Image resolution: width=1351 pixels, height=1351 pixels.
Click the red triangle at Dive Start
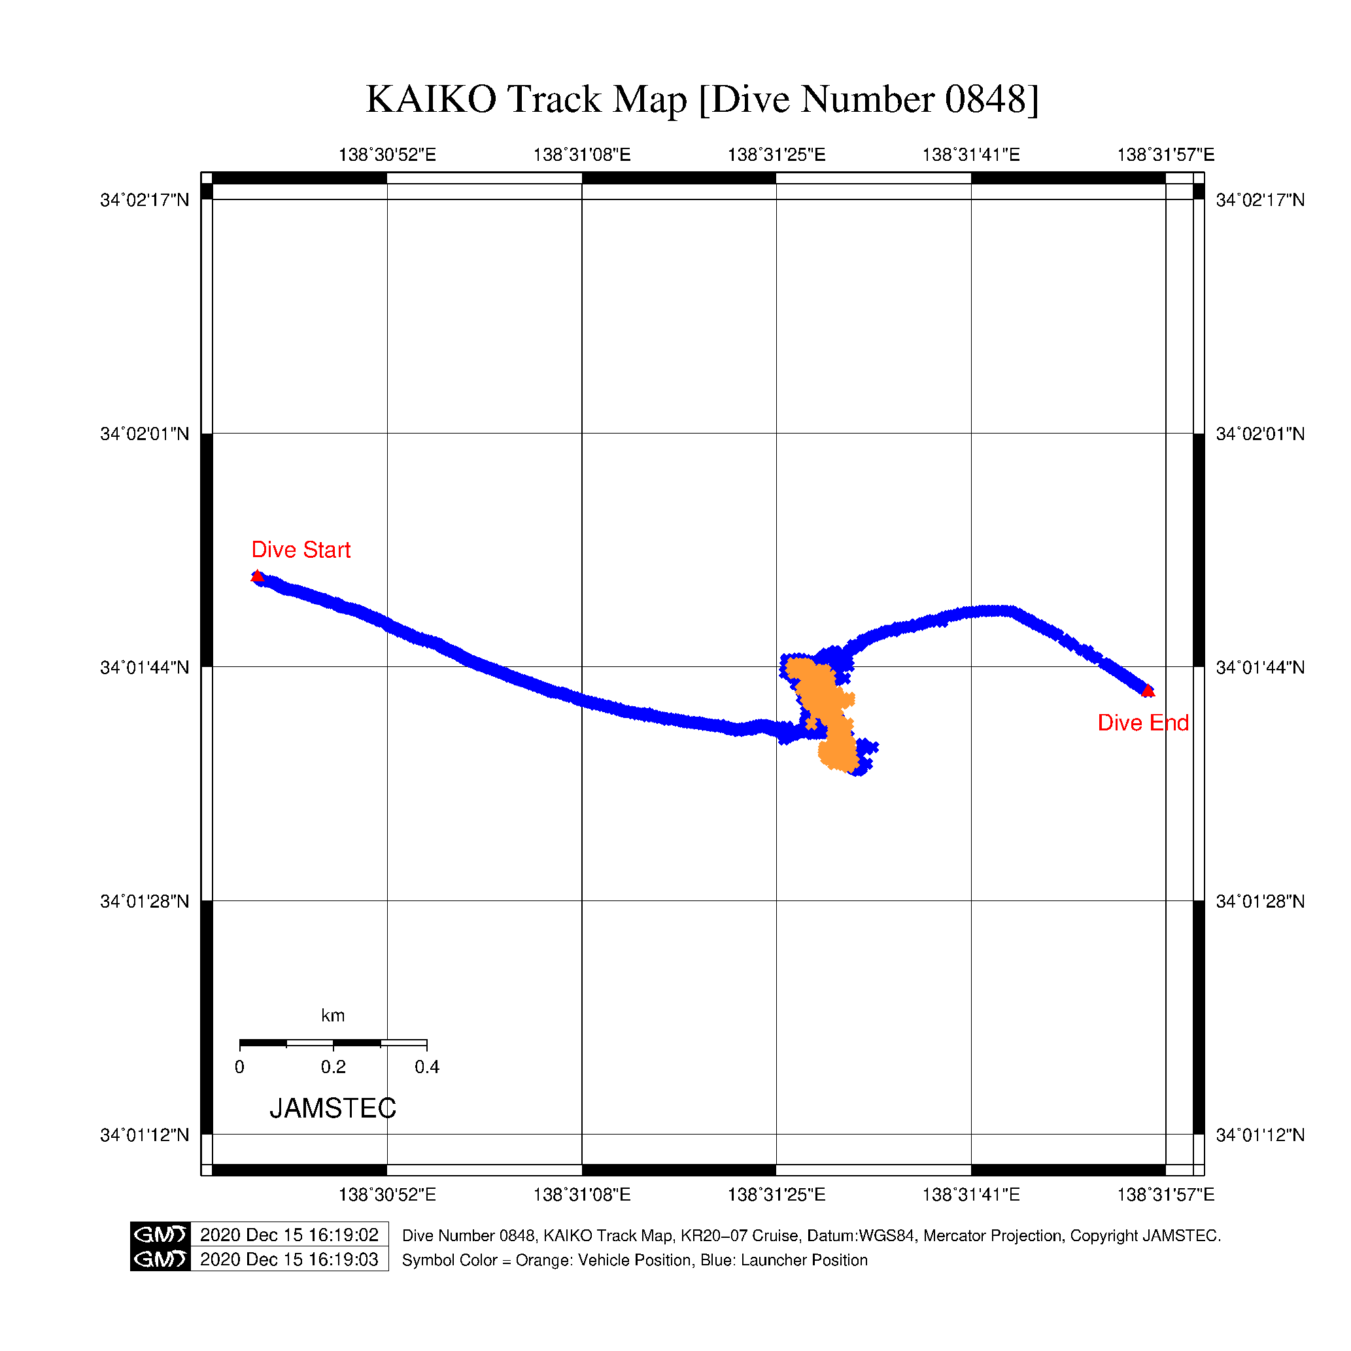pyautogui.click(x=258, y=576)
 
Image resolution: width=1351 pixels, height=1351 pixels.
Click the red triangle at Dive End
pyautogui.click(x=1148, y=691)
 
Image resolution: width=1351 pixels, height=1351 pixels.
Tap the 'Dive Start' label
pyautogui.click(x=301, y=550)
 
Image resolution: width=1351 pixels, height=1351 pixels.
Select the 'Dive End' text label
pyautogui.click(x=1142, y=723)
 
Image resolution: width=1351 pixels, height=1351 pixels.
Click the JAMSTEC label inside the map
pyautogui.click(x=333, y=1108)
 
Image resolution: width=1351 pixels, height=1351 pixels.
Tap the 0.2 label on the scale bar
pyautogui.click(x=333, y=1067)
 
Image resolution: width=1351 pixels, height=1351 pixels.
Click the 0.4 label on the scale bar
pyautogui.click(x=426, y=1067)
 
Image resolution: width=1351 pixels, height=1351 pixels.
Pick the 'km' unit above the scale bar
pyautogui.click(x=333, y=1016)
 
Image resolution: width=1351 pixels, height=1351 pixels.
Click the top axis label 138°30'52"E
pyautogui.click(x=386, y=154)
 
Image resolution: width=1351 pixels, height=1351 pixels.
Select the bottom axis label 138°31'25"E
pyautogui.click(x=776, y=1194)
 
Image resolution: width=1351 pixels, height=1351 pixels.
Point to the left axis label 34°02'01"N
pyautogui.click(x=145, y=434)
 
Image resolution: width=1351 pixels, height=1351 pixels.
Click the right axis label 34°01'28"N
pyautogui.click(x=1260, y=901)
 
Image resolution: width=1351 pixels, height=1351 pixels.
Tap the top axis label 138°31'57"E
pyautogui.click(x=1165, y=154)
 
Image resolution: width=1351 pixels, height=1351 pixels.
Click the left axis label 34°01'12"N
pyautogui.click(x=145, y=1135)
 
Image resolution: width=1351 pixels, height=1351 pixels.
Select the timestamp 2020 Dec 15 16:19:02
pyautogui.click(x=289, y=1235)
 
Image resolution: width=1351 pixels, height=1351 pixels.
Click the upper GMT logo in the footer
pyautogui.click(x=160, y=1235)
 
